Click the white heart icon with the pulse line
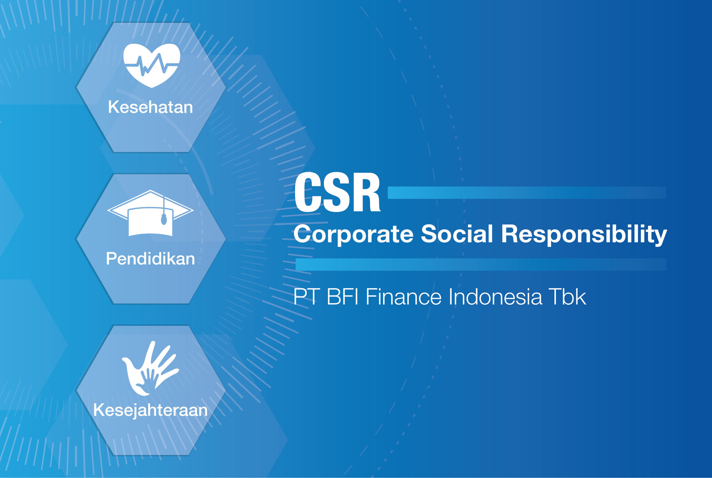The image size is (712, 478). pyautogui.click(x=152, y=65)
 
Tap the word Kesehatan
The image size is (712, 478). pyautogui.click(x=150, y=107)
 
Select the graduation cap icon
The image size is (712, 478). pyautogui.click(x=150, y=213)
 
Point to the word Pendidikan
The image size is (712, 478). pyautogui.click(x=150, y=259)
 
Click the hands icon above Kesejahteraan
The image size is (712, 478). pyautogui.click(x=150, y=368)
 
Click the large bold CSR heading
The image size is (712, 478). pyautogui.click(x=337, y=192)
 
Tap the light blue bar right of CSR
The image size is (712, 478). pyautogui.click(x=527, y=193)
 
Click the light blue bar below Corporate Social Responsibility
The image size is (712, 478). pyautogui.click(x=481, y=265)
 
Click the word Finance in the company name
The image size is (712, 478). pyautogui.click(x=404, y=297)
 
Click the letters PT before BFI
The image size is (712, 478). pyautogui.click(x=306, y=297)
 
